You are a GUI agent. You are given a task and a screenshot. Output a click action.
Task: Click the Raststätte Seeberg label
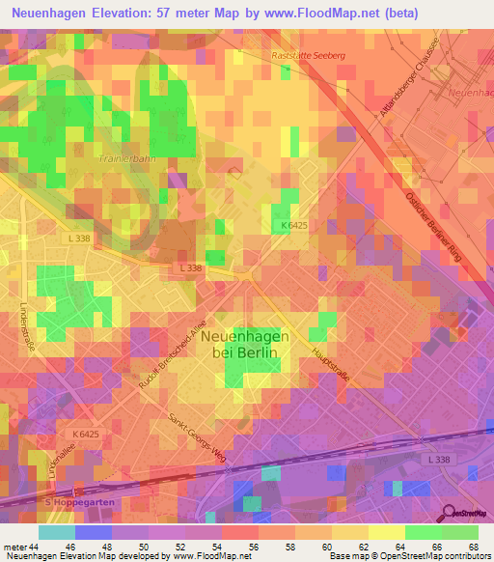pyautogui.click(x=309, y=56)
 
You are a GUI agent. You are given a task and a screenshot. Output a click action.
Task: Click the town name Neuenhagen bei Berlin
pyautogui.click(x=244, y=345)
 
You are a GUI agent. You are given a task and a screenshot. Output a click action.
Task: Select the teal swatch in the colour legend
pyautogui.click(x=57, y=533)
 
